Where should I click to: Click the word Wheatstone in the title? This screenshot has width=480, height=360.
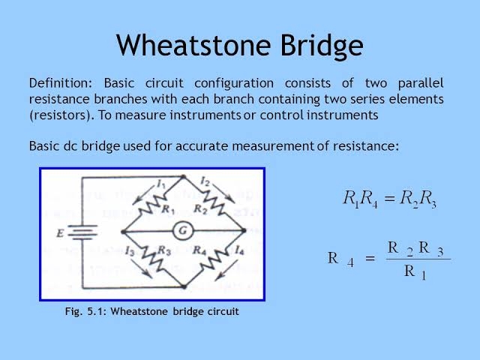click(x=193, y=45)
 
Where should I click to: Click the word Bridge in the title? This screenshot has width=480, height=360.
click(x=322, y=46)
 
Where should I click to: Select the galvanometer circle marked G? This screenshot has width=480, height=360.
click(x=183, y=231)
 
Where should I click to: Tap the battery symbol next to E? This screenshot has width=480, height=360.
click(x=82, y=232)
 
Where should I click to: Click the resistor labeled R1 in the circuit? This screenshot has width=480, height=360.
click(x=149, y=206)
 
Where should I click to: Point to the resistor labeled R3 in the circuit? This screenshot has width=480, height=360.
click(x=153, y=258)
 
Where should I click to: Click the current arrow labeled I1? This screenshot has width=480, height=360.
click(x=144, y=195)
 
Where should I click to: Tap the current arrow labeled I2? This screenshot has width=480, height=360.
click(x=223, y=193)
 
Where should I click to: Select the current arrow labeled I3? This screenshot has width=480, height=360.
click(x=141, y=268)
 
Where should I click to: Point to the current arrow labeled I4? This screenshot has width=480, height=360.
click(x=226, y=270)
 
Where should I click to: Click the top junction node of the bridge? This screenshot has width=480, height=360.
click(x=183, y=177)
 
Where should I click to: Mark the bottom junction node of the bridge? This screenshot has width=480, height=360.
click(x=184, y=286)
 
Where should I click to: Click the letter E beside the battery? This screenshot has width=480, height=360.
click(x=60, y=233)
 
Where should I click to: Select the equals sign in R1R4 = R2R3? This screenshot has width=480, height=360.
click(x=389, y=199)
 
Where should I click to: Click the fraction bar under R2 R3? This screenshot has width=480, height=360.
click(x=418, y=259)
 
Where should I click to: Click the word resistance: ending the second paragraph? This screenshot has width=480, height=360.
click(x=366, y=145)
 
